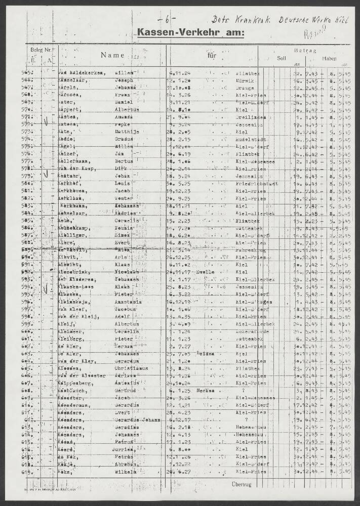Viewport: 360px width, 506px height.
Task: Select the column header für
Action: coord(212,56)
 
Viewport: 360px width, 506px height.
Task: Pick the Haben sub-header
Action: coord(326,58)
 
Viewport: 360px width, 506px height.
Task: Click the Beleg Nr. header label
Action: coord(41,51)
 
